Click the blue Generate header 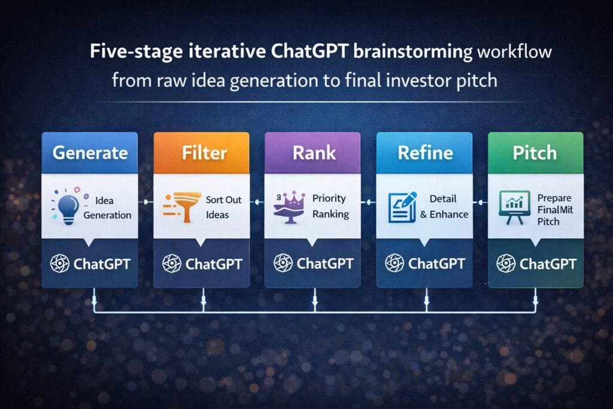tap(89, 153)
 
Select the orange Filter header tap(201, 153)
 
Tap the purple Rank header tap(312, 153)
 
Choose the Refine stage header tap(424, 153)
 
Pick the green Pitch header tap(535, 153)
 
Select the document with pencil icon tap(400, 206)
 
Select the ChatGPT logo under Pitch tap(506, 263)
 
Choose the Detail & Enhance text tap(444, 206)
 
